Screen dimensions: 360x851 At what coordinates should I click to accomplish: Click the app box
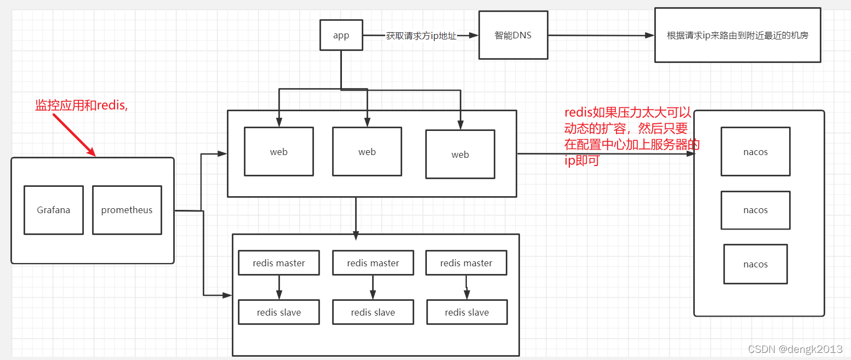(341, 35)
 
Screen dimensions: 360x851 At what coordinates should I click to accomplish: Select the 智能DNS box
(513, 35)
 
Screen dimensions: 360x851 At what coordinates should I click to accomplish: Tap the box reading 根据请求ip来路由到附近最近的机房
(737, 35)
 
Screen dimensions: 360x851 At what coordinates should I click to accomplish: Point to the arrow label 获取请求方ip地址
(421, 36)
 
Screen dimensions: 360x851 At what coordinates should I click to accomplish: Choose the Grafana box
(54, 210)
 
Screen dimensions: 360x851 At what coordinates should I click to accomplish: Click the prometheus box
(127, 210)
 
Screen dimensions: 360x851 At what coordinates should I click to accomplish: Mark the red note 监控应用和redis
(81, 106)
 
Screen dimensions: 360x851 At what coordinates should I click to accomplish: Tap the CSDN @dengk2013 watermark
(795, 349)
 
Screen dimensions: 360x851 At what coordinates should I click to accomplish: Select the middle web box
(367, 152)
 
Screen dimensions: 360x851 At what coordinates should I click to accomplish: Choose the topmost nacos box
(756, 152)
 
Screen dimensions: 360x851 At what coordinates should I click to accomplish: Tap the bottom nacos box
(756, 264)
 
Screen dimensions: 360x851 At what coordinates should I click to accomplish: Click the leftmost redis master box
(279, 263)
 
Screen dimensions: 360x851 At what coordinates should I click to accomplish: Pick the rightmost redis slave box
(467, 312)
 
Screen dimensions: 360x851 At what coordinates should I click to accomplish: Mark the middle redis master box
(373, 263)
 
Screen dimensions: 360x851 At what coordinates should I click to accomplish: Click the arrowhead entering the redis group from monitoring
(227, 295)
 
